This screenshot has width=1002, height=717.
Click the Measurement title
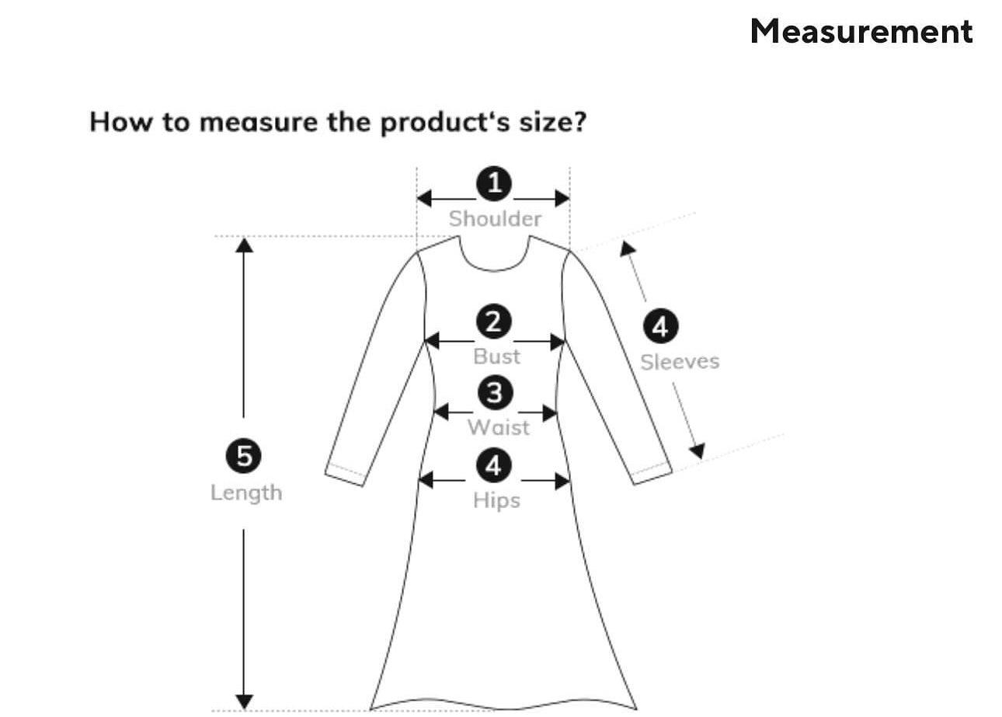861,31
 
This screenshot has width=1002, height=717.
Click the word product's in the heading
440,123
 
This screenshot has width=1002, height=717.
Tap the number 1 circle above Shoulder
494,184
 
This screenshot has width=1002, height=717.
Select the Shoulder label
495,219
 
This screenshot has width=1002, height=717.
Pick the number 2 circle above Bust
494,322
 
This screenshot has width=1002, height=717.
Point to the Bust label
496,357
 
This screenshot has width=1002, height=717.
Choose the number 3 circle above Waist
495,393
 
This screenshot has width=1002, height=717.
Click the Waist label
498,427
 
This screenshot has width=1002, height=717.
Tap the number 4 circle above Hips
494,465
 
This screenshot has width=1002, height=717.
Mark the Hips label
496,500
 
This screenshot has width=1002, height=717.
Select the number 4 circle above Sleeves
659,326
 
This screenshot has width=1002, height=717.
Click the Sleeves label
679,362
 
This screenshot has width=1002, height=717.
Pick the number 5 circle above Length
244,456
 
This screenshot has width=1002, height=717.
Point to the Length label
246,493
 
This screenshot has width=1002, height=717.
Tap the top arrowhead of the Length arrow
244,245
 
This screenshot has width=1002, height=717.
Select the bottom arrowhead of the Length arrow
244,701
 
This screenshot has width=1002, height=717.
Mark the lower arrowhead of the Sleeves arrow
697,451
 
